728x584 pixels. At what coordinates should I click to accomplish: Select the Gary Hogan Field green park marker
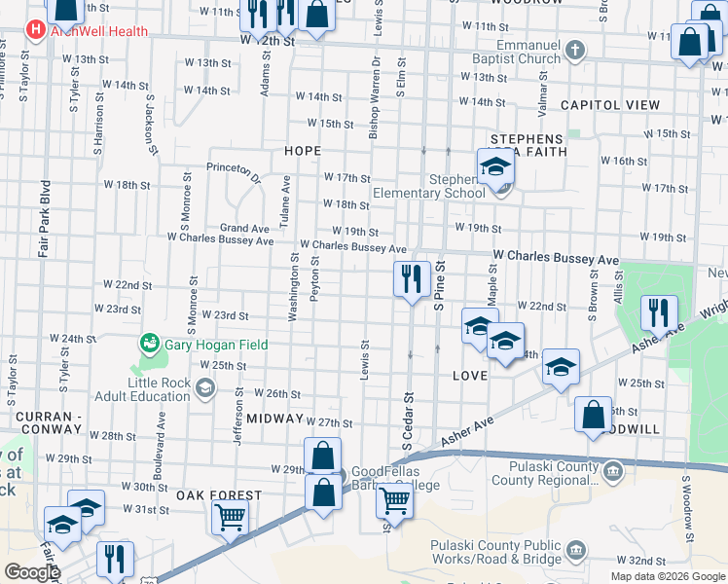click(x=150, y=343)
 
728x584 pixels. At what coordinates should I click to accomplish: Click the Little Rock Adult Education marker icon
click(x=204, y=389)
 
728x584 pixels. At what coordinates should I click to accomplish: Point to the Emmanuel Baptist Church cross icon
click(x=575, y=50)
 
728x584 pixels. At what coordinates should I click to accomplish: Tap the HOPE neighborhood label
click(x=303, y=151)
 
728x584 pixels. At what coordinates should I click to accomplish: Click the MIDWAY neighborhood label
click(x=275, y=418)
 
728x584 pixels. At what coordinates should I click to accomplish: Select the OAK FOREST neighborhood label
click(x=219, y=495)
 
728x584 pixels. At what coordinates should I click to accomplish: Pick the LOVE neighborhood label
click(x=470, y=375)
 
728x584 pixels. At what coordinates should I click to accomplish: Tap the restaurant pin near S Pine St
click(x=412, y=279)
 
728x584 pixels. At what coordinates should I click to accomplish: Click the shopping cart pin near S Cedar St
click(x=394, y=501)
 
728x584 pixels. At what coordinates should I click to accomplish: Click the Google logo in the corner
click(x=32, y=572)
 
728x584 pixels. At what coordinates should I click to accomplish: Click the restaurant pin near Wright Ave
click(x=659, y=313)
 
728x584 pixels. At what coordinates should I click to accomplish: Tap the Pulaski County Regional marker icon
click(x=613, y=473)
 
